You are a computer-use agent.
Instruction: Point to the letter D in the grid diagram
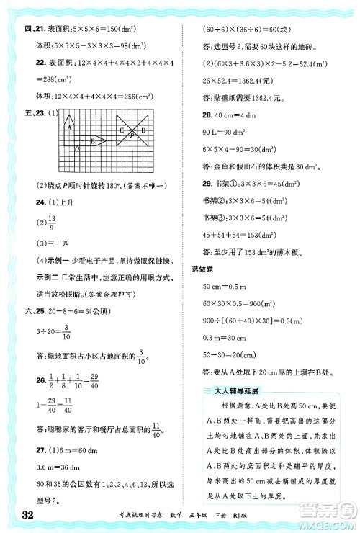tap(144, 130)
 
